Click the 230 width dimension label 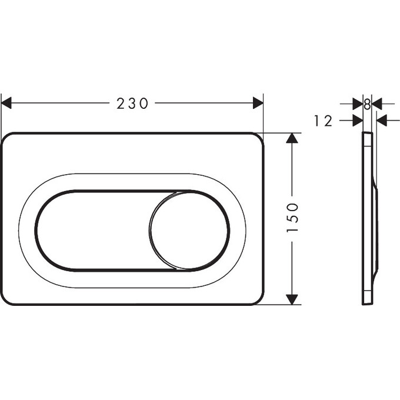pos(132,104)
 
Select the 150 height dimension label pos(292,218)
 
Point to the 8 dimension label pos(367,104)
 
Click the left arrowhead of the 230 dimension pos(6,104)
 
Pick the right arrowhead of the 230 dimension pos(258,104)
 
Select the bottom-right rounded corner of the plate pos(258,298)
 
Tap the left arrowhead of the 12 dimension pos(357,121)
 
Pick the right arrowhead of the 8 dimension pos(377,104)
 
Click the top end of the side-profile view pos(367,135)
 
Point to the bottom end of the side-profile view pos(366,302)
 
